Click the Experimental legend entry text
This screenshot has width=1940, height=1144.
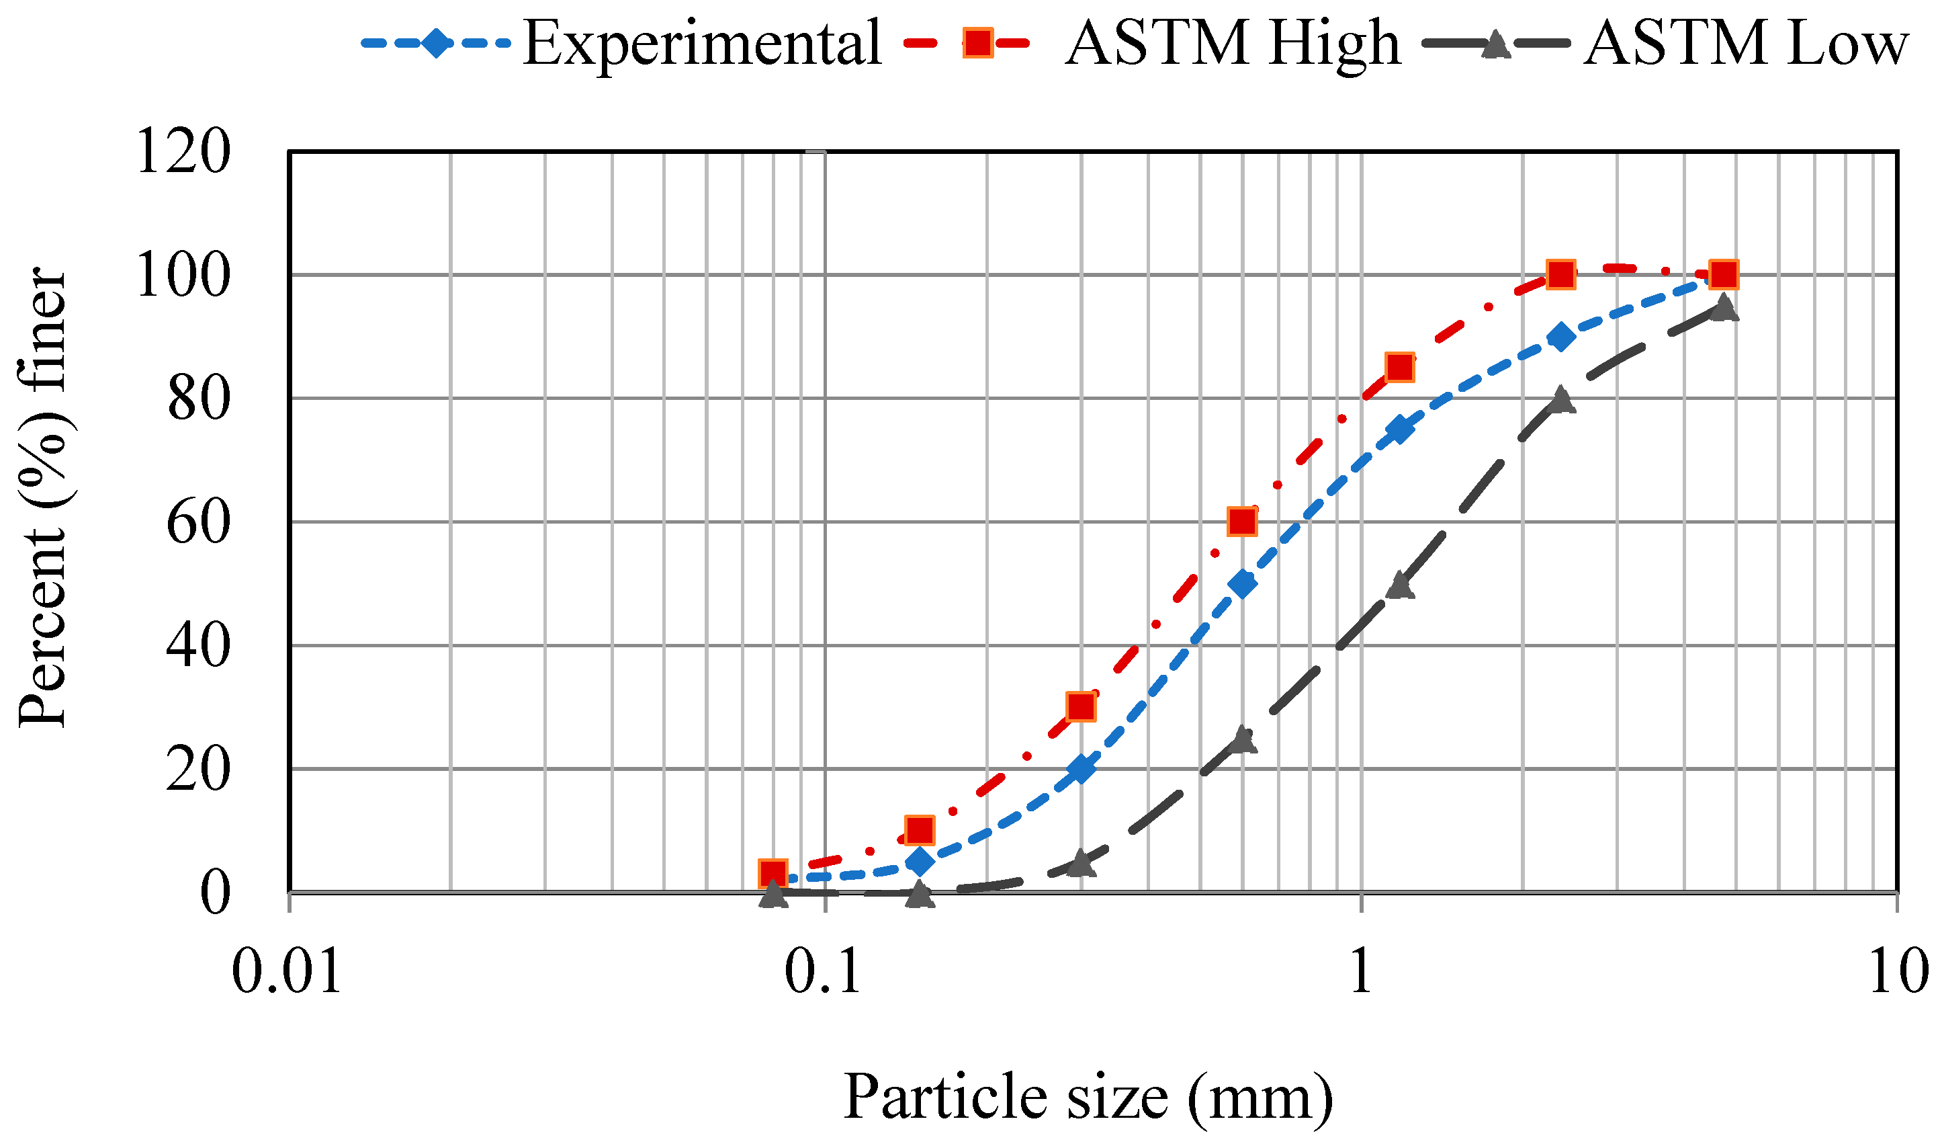click(701, 44)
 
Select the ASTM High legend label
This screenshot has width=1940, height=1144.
click(1233, 44)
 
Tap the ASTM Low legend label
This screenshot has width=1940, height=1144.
click(1745, 44)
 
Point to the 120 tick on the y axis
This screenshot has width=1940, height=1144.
click(183, 152)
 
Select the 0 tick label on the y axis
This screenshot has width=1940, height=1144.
click(214, 894)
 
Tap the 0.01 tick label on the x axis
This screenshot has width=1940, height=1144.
click(286, 973)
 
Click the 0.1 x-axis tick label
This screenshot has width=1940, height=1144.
click(823, 973)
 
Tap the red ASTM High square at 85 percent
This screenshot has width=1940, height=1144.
click(1400, 367)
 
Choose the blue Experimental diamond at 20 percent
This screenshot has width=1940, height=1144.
click(1081, 770)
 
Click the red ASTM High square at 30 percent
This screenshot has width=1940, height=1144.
click(1081, 707)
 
